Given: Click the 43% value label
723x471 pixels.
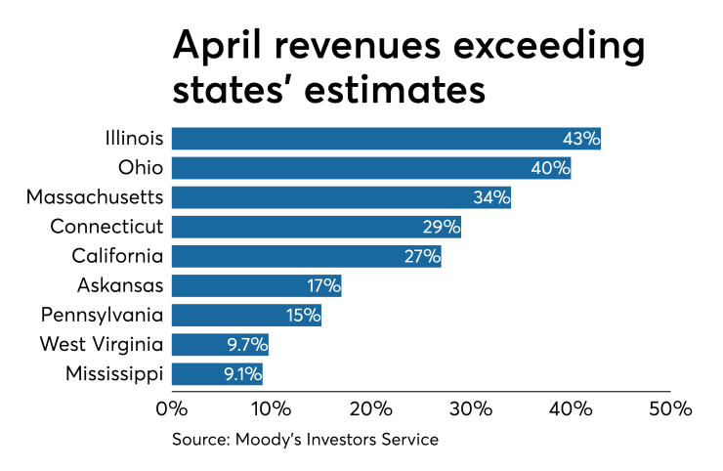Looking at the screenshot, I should (580, 139).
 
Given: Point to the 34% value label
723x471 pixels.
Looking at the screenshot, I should (491, 197).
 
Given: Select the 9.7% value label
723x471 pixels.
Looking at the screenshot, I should (247, 344).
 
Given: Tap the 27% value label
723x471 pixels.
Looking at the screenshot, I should (421, 256).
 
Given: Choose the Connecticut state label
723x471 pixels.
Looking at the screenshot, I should (106, 227).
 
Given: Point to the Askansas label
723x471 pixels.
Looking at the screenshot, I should (119, 285).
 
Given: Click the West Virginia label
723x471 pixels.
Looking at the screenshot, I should (101, 344).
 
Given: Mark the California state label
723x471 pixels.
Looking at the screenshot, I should (116, 256).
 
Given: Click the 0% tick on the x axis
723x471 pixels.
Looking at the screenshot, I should (172, 407).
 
